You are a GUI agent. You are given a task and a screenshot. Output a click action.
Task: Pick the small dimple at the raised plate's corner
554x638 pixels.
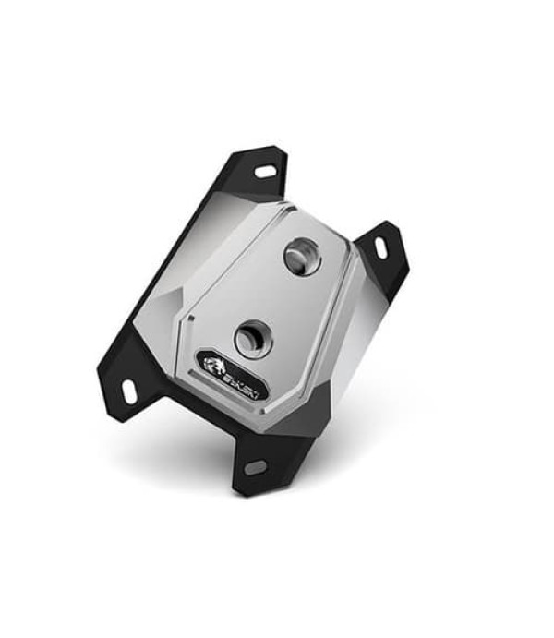pos(188,319)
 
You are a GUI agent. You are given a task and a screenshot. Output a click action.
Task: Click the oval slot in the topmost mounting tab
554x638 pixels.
pos(263,172)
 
